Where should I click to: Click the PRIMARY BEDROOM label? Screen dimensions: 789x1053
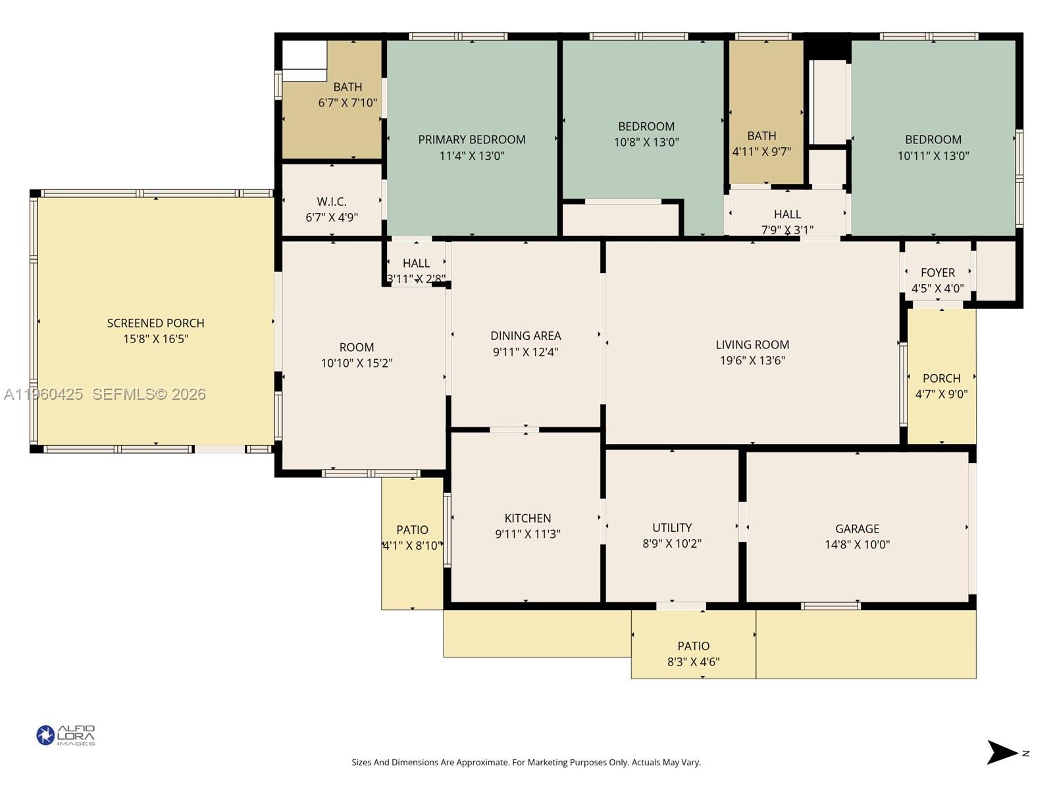(471, 139)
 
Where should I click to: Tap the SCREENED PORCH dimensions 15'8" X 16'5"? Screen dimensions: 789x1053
(156, 339)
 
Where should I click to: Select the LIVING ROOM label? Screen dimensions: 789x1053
(752, 345)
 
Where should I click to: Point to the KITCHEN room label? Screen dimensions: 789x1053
(528, 518)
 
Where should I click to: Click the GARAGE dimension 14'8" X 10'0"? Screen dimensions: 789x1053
(857, 544)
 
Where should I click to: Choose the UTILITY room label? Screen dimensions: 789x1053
(672, 527)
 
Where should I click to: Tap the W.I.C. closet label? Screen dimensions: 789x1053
(332, 202)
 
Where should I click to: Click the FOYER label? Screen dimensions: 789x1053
(938, 272)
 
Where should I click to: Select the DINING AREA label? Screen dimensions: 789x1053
(526, 335)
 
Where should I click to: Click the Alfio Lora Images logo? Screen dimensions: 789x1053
(65, 735)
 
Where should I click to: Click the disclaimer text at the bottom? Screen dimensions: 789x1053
(526, 763)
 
